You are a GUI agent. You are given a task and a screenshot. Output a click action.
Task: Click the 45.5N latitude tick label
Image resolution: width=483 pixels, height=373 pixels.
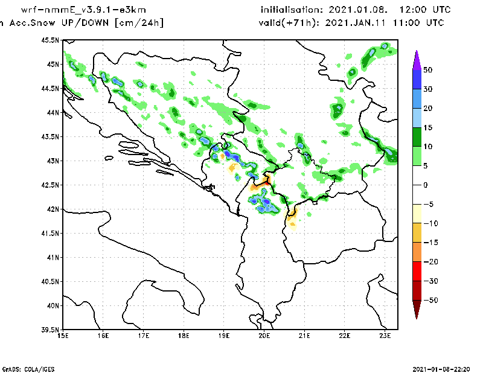[x=51, y=40]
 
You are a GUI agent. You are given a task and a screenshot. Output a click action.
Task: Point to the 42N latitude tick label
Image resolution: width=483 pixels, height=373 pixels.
[x=53, y=209]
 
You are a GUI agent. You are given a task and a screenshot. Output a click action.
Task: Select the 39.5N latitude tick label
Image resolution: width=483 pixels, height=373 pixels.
[x=51, y=330]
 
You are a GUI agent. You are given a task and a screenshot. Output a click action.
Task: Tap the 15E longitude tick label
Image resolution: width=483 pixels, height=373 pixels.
[x=63, y=335]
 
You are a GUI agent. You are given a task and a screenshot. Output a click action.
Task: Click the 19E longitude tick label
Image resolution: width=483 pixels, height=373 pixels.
[x=224, y=335]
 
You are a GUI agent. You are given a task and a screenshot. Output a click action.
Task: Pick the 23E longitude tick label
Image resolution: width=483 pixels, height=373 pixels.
[x=385, y=335]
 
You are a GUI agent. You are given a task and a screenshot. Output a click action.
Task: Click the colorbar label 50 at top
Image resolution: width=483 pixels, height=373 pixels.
[x=428, y=70]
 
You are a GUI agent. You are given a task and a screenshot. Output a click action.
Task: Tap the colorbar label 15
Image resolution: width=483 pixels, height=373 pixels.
[x=427, y=127]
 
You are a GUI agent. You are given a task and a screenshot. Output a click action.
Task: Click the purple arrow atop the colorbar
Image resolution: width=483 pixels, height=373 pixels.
[x=416, y=60]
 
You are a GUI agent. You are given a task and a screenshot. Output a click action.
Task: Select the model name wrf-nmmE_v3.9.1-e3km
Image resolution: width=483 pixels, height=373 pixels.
[x=88, y=10]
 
